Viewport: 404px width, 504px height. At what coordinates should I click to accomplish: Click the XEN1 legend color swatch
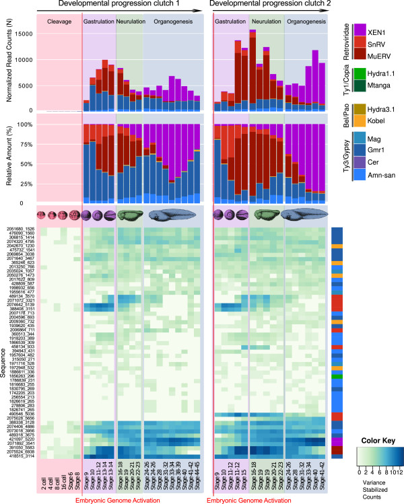360,30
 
